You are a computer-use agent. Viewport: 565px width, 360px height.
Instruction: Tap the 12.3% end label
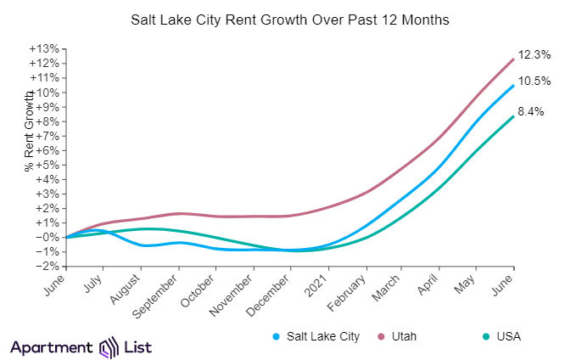pos(534,54)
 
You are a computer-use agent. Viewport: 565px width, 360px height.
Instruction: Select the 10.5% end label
pos(534,82)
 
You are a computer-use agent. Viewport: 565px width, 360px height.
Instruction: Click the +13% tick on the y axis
pos(43,49)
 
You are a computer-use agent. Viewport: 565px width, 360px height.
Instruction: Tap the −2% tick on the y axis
pos(46,267)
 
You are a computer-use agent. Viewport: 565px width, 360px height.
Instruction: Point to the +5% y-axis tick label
pos(46,165)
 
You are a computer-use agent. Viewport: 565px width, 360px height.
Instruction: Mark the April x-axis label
pos(430,285)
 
